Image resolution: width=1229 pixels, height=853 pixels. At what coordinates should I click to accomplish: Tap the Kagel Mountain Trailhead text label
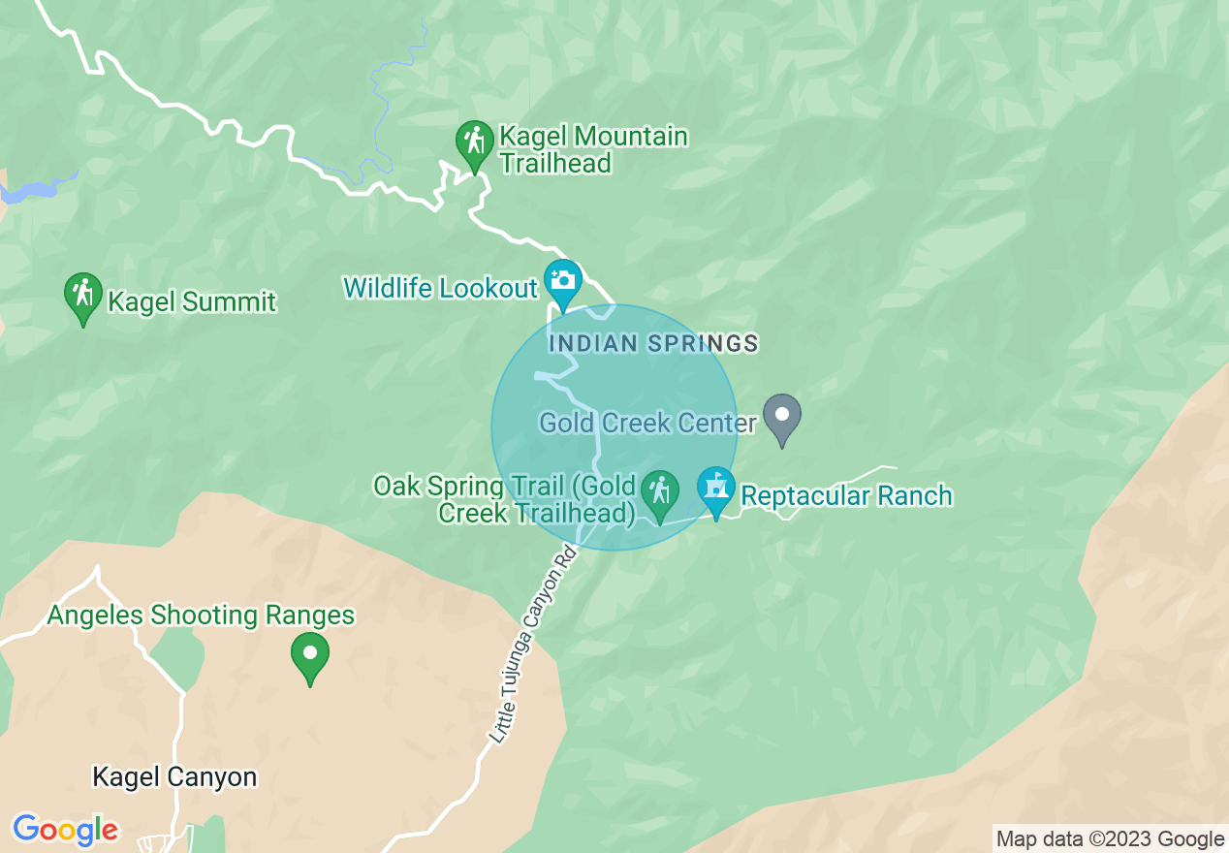tap(593, 149)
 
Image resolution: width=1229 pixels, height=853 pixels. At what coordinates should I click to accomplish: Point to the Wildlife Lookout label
tap(440, 288)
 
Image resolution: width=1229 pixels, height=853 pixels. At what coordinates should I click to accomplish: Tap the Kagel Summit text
tap(192, 302)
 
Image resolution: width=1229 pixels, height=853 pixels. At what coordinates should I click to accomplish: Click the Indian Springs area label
tap(652, 343)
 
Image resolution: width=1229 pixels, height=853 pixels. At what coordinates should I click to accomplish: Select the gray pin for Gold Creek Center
tap(782, 417)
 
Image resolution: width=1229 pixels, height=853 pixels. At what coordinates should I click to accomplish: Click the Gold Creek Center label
tap(647, 424)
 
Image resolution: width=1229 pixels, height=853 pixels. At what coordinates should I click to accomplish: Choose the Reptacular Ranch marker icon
tap(716, 490)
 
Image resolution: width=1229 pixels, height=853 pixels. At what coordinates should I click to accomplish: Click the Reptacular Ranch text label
tap(846, 496)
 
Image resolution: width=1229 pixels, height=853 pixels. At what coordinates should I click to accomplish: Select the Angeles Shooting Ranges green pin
tap(310, 655)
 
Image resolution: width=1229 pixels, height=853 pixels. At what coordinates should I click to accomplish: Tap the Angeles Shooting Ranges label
tap(201, 616)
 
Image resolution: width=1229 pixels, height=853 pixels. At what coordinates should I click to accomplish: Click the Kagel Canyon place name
tap(174, 777)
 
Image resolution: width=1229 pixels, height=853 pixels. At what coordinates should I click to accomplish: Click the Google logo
tap(65, 830)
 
